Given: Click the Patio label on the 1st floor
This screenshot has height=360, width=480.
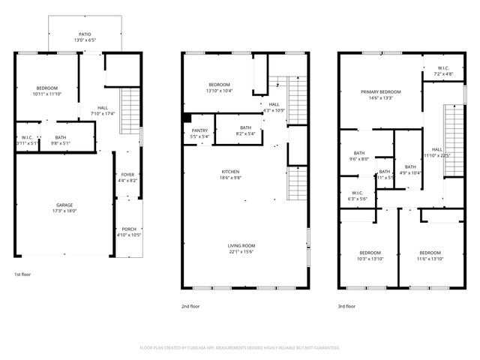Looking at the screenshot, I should pyautogui.click(x=85, y=34).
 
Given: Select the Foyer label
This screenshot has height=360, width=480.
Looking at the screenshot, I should pyautogui.click(x=127, y=175).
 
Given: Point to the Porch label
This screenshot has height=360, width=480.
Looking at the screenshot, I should pyautogui.click(x=127, y=230).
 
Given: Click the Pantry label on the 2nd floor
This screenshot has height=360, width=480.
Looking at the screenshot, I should pyautogui.click(x=199, y=131).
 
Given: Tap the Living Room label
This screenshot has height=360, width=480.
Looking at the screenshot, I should pyautogui.click(x=242, y=245).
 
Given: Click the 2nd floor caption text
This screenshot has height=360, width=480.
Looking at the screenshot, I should pyautogui.click(x=190, y=306).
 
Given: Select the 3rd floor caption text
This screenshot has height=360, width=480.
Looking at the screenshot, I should pyautogui.click(x=346, y=306).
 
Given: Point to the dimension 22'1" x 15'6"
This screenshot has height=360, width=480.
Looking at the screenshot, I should pyautogui.click(x=242, y=251).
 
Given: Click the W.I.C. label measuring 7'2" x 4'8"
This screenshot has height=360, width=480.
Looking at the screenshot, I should pyautogui.click(x=443, y=69).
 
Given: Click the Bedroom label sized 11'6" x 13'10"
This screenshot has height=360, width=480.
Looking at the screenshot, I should pyautogui.click(x=430, y=252).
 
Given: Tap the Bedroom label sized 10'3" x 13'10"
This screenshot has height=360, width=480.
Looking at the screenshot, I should pyautogui.click(x=370, y=252).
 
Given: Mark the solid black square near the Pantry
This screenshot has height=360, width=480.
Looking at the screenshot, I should pyautogui.click(x=187, y=118).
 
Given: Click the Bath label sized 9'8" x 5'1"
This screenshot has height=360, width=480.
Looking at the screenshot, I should pyautogui.click(x=61, y=137).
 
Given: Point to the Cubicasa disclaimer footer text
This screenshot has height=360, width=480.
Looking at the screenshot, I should pyautogui.click(x=240, y=348).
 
